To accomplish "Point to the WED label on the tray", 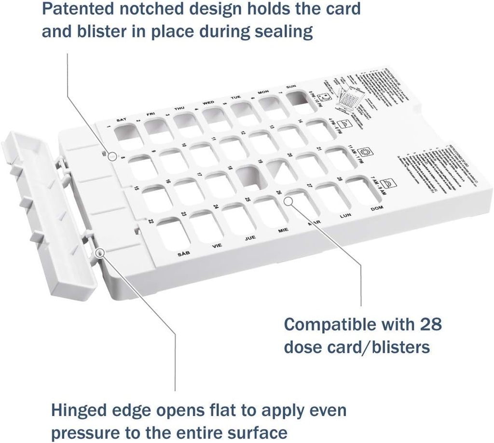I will coord(208,103).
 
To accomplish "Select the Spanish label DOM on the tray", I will coord(376,208).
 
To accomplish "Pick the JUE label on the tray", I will coord(250,238).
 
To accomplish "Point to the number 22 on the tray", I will coord(151,221).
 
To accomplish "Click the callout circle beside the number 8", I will coord(111,156).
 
